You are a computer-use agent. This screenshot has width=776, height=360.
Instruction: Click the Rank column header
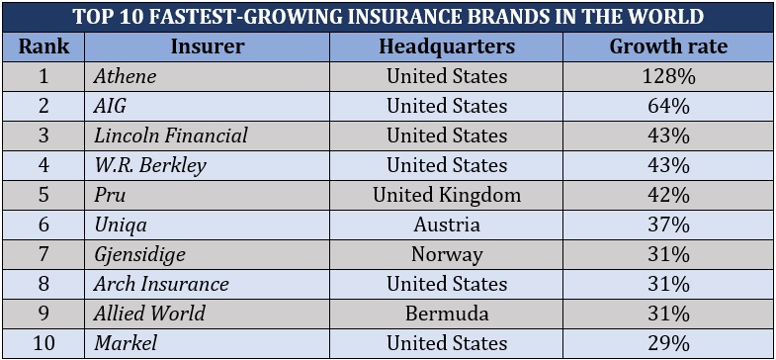pyautogui.click(x=43, y=46)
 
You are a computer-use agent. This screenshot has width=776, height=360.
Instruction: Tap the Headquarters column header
pyautogui.click(x=447, y=46)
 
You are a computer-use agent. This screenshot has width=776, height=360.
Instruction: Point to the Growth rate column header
pyautogui.click(x=668, y=46)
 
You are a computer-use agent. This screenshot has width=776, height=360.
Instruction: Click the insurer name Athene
pyautogui.click(x=125, y=76)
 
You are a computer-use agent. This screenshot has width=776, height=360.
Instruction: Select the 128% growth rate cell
pyautogui.click(x=668, y=76)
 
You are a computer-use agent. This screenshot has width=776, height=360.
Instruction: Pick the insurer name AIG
pyautogui.click(x=111, y=106)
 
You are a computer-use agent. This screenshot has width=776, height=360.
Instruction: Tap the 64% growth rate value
pyautogui.click(x=668, y=106)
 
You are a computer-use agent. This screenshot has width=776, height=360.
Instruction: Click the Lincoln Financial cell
pyautogui.click(x=170, y=135)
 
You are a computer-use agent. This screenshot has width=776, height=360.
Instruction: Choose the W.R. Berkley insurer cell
pyautogui.click(x=150, y=165)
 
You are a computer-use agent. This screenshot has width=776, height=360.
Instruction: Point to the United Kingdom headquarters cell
pyautogui.click(x=447, y=195)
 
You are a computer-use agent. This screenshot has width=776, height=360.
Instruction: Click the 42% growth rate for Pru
pyautogui.click(x=668, y=195)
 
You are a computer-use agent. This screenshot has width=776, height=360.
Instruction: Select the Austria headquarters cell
pyautogui.click(x=447, y=225)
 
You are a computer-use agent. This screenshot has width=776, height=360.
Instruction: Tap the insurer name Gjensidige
pyautogui.click(x=139, y=254)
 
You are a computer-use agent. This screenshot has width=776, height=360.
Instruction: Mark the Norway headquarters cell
pyautogui.click(x=447, y=254)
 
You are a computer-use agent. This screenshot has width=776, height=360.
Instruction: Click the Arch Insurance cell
pyautogui.click(x=161, y=284)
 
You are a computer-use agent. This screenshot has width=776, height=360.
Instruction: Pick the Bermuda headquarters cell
pyautogui.click(x=447, y=314)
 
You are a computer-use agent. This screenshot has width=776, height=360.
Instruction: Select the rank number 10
pyautogui.click(x=43, y=343)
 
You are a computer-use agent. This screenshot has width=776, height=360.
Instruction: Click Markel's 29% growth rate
pyautogui.click(x=668, y=343)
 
